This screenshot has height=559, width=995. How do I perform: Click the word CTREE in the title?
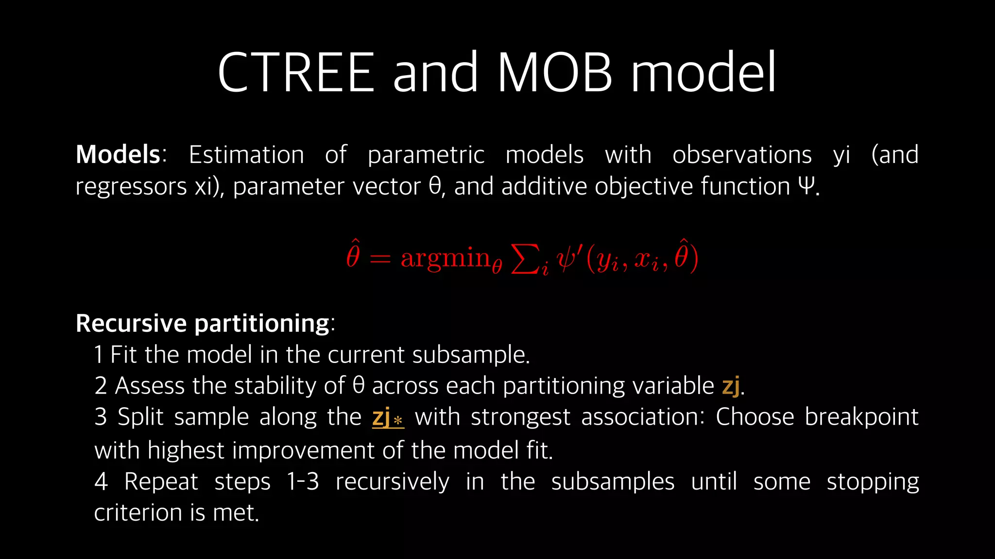tap(296, 73)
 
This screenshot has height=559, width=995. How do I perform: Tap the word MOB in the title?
tap(554, 73)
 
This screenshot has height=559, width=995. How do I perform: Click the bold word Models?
tap(118, 155)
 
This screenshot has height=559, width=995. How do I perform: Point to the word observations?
tap(742, 155)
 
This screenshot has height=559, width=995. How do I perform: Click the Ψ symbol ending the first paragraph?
tap(806, 186)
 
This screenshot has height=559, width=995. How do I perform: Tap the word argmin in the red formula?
tap(446, 258)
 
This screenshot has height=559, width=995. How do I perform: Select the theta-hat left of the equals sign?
tap(353, 255)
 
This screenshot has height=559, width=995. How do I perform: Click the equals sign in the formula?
tap(380, 259)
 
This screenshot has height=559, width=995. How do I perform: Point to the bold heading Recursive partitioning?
tap(203, 323)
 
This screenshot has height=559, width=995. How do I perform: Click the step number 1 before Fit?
tap(99, 355)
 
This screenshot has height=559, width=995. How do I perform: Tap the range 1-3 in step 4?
tap(303, 482)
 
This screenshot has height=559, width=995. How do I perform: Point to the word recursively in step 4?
tap(392, 482)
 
